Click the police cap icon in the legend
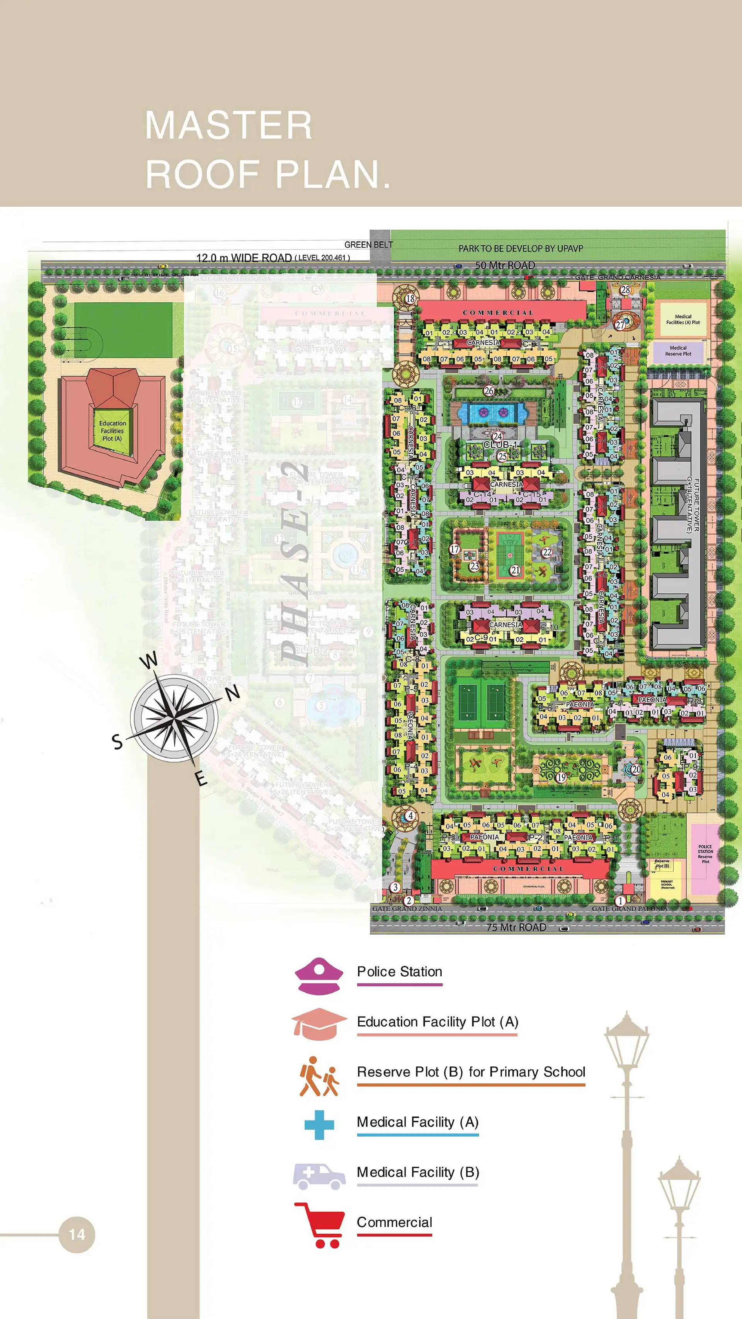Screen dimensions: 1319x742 tap(318, 976)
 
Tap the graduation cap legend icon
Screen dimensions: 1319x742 tap(318, 1024)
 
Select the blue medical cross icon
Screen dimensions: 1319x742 tap(319, 1125)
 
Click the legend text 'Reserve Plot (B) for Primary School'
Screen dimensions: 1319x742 tap(471, 1072)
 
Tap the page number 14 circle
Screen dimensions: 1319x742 tap(77, 1234)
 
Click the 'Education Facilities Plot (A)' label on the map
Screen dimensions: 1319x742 tap(112, 431)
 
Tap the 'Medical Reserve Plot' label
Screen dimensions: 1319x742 tap(678, 351)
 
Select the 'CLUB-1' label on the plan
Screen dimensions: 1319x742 tap(500, 444)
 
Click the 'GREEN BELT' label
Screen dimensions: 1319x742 tap(368, 245)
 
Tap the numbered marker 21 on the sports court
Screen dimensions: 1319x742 tap(515, 570)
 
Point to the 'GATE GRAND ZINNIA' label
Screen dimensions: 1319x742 tap(407, 908)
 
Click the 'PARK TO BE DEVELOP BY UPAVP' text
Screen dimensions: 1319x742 tap(520, 248)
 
